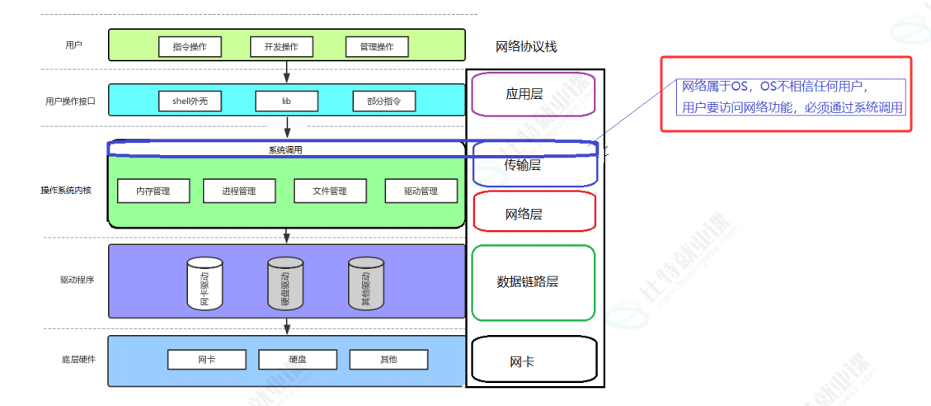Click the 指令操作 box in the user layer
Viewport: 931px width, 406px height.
click(x=190, y=46)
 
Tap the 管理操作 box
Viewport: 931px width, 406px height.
click(x=377, y=46)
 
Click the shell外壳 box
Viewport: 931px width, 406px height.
click(x=190, y=101)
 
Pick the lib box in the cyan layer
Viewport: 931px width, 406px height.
click(x=286, y=101)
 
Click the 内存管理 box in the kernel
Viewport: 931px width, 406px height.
click(x=154, y=191)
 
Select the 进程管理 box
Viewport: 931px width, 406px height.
click(x=239, y=191)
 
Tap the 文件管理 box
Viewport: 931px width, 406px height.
click(x=330, y=191)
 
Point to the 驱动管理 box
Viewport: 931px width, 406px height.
click(x=421, y=191)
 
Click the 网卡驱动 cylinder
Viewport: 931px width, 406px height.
click(x=205, y=283)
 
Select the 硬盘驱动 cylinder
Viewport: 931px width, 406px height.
click(x=285, y=283)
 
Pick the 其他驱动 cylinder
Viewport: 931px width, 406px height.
click(x=366, y=283)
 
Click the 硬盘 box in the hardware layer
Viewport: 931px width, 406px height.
click(x=298, y=360)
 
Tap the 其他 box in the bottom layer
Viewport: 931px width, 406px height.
click(x=388, y=360)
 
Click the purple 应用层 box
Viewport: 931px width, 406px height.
click(x=534, y=94)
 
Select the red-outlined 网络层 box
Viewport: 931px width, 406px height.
click(x=534, y=212)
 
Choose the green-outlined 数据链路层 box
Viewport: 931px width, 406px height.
click(x=533, y=282)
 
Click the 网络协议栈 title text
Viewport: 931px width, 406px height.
click(x=526, y=47)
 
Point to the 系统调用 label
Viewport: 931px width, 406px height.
click(x=285, y=150)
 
